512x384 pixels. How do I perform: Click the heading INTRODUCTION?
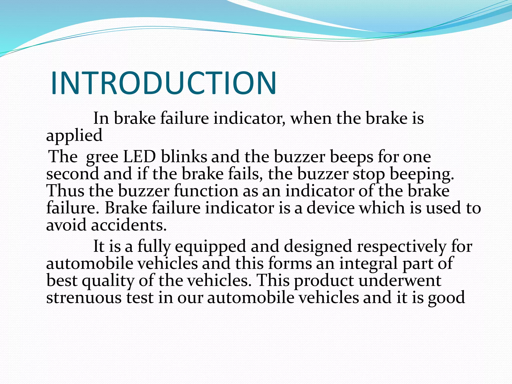[164, 83]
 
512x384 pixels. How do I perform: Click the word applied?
[74, 136]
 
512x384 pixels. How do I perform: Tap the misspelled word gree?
[102, 157]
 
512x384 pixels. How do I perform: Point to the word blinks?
[184, 157]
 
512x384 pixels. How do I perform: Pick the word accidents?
[128, 225]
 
